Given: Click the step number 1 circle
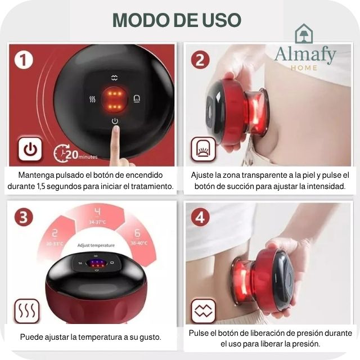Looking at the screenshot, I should pyautogui.click(x=23, y=59).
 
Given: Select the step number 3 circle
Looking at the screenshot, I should pyautogui.click(x=23, y=217).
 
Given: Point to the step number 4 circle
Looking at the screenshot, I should pyautogui.click(x=200, y=217).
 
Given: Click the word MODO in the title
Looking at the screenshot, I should pyautogui.click(x=138, y=20).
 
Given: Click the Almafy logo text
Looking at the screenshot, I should pyautogui.click(x=305, y=55).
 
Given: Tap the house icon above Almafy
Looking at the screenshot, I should pyautogui.click(x=304, y=34).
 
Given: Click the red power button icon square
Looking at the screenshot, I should pyautogui.click(x=30, y=150).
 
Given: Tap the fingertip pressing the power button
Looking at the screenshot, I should pyautogui.click(x=116, y=132).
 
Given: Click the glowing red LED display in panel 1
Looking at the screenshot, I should pyautogui.click(x=115, y=99).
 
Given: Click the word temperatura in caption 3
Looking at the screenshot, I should pyautogui.click(x=100, y=337).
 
